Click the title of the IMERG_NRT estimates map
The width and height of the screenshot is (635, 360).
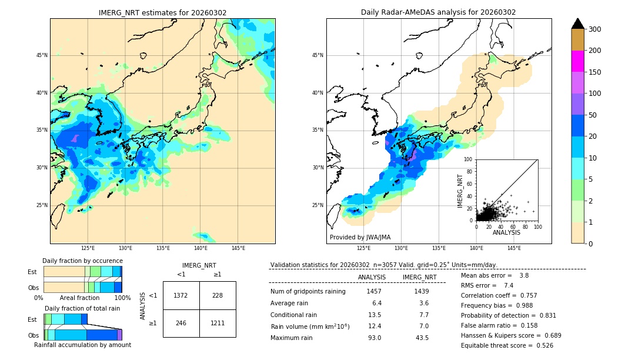[162, 12]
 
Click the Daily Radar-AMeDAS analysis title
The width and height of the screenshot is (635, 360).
[438, 12]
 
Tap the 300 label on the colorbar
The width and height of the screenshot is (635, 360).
[594, 29]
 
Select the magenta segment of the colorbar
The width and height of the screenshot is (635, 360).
[577, 61]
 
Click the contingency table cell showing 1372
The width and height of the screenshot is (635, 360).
[181, 295]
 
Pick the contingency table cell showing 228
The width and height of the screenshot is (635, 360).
[217, 295]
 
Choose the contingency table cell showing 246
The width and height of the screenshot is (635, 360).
[181, 323]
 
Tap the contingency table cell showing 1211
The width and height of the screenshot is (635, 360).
[217, 323]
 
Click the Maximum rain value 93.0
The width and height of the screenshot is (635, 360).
[374, 338]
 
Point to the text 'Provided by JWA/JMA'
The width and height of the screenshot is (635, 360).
[360, 238]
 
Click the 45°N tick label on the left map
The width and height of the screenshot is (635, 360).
[42, 55]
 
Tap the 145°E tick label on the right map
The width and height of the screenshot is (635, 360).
[514, 248]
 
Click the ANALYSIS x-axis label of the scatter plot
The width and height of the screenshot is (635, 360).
[507, 232]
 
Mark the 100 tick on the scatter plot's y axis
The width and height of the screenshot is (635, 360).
[469, 159]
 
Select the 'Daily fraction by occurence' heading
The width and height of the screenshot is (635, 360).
[82, 261]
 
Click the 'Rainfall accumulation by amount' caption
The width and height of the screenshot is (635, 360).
[82, 345]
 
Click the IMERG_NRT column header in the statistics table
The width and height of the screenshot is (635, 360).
[419, 277]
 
